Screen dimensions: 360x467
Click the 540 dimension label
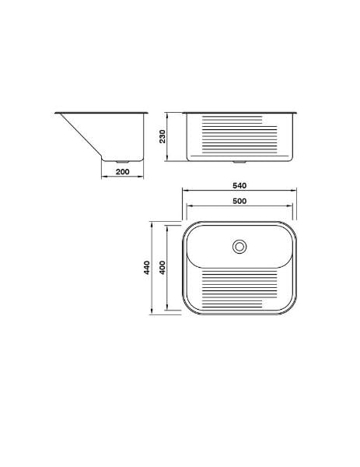pos(239,185)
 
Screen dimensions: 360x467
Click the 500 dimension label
pos(239,202)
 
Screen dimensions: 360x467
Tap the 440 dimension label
pos(147,268)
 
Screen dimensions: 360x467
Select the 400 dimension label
pos(163,268)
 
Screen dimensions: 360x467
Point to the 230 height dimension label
pos(163,136)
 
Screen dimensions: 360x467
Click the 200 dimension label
pos(123,172)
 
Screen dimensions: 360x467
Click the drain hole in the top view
pos(239,247)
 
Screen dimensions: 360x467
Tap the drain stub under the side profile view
pos(122,162)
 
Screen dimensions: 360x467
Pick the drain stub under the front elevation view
pos(239,162)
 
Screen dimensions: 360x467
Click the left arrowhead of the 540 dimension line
pos(184,190)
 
